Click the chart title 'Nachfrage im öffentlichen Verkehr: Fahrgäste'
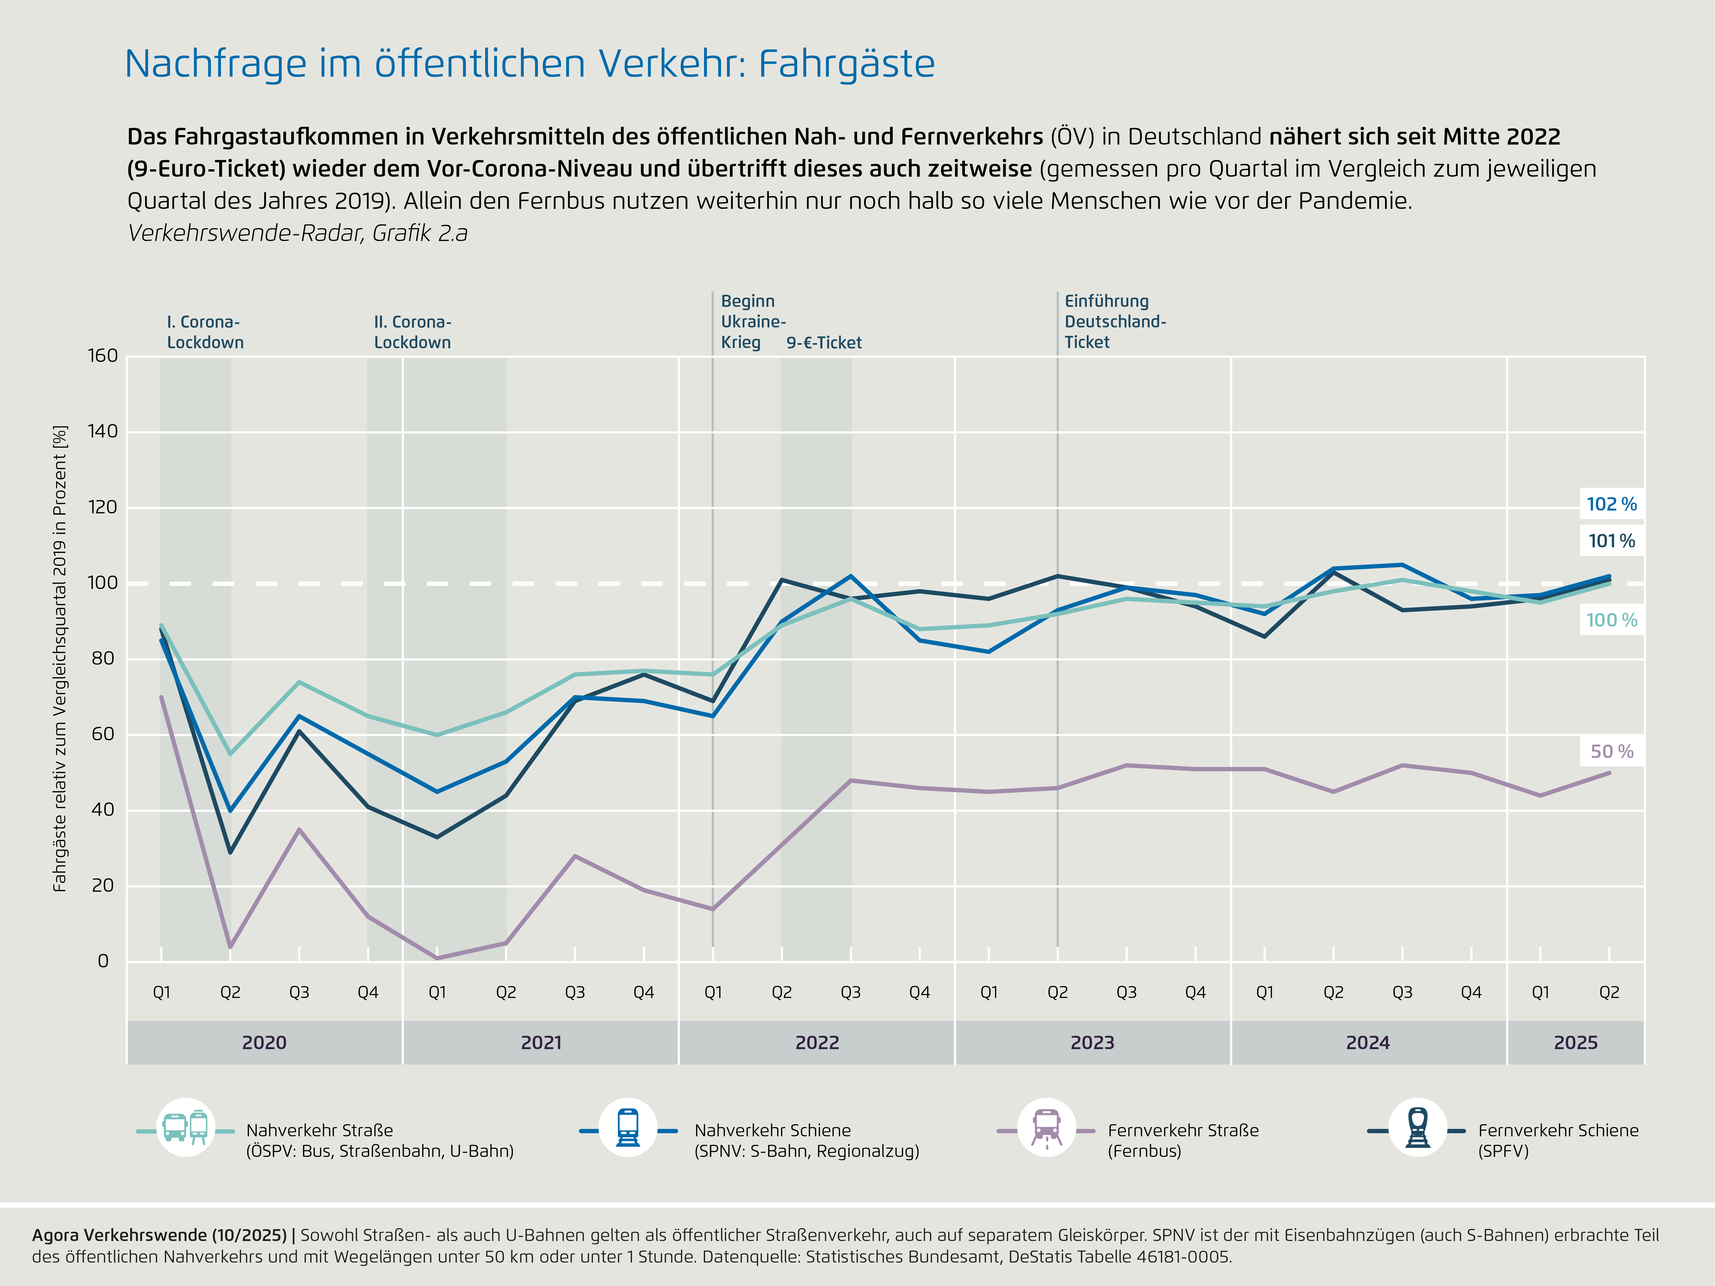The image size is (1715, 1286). pyautogui.click(x=530, y=64)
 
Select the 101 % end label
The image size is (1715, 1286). pyautogui.click(x=1611, y=541)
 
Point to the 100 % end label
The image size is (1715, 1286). pyautogui.click(x=1611, y=620)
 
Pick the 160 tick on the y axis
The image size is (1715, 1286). pyautogui.click(x=102, y=356)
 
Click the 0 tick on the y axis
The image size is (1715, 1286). pyautogui.click(x=102, y=961)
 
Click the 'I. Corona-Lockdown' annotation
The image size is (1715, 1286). pyautogui.click(x=205, y=332)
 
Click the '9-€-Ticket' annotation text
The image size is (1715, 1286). pyautogui.click(x=823, y=343)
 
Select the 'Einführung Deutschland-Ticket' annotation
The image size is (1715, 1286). pyautogui.click(x=1114, y=322)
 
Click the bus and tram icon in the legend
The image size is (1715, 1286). pyautogui.click(x=186, y=1128)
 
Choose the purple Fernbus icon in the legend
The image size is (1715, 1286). pyautogui.click(x=1047, y=1128)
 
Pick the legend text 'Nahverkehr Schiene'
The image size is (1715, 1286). pyautogui.click(x=772, y=1130)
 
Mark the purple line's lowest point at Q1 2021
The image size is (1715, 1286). pyautogui.click(x=437, y=958)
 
